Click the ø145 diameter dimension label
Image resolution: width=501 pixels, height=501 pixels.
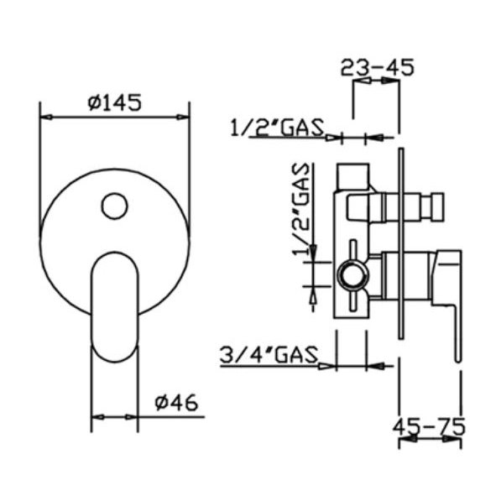[x=114, y=102]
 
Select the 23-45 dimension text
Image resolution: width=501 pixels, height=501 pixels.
[x=378, y=67]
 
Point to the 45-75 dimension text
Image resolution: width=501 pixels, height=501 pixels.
[x=429, y=427]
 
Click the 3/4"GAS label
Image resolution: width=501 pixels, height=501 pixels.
[x=269, y=355]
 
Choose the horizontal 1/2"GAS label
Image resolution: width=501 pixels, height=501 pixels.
[x=277, y=128]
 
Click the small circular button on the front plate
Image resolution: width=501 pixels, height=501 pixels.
[x=114, y=206]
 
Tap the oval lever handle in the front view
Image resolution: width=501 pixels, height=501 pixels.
[x=115, y=307]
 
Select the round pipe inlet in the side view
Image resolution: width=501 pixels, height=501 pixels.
[x=353, y=275]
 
